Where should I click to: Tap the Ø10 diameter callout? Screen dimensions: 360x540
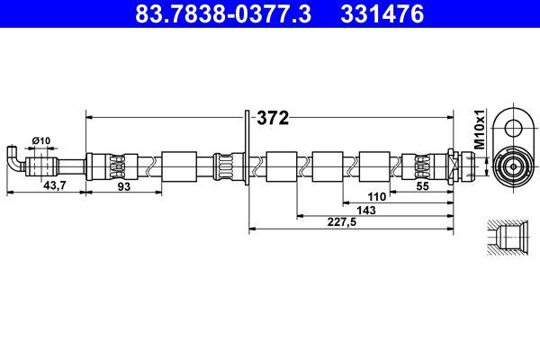click(x=40, y=139)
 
